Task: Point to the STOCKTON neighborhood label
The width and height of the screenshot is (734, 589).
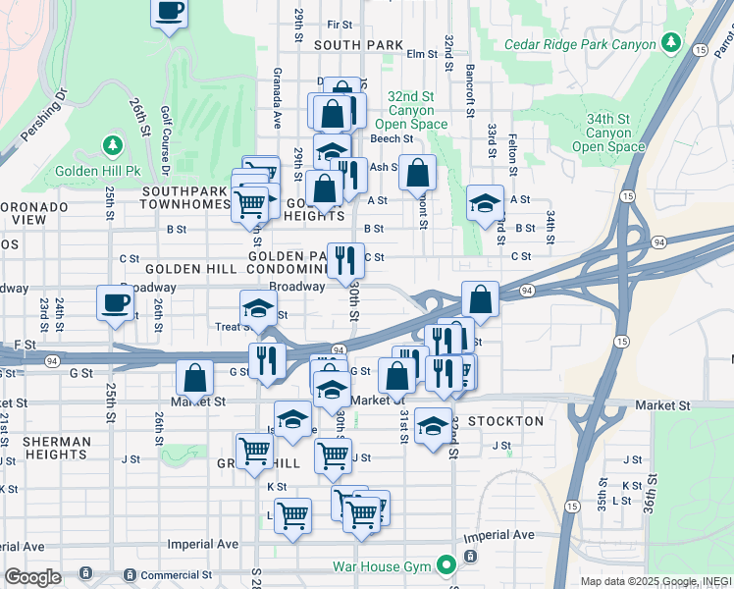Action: pos(505,421)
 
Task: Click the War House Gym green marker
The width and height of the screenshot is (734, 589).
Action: pos(447,564)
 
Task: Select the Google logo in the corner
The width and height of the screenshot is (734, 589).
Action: pos(32,576)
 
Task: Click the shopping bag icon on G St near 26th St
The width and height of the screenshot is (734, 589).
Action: pos(195,377)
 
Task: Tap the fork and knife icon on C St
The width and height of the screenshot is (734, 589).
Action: pos(342,261)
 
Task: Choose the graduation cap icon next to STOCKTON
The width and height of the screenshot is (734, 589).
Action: pos(433,426)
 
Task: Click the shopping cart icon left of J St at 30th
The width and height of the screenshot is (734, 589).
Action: pos(254,451)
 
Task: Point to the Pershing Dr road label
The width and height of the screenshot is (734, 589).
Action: pos(42,118)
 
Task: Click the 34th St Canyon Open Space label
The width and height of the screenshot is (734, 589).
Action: pos(608,133)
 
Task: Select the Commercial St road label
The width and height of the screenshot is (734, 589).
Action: pos(177,575)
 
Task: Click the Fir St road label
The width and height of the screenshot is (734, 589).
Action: pos(340,25)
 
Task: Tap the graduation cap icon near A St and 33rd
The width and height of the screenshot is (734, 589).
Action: pos(485,203)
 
